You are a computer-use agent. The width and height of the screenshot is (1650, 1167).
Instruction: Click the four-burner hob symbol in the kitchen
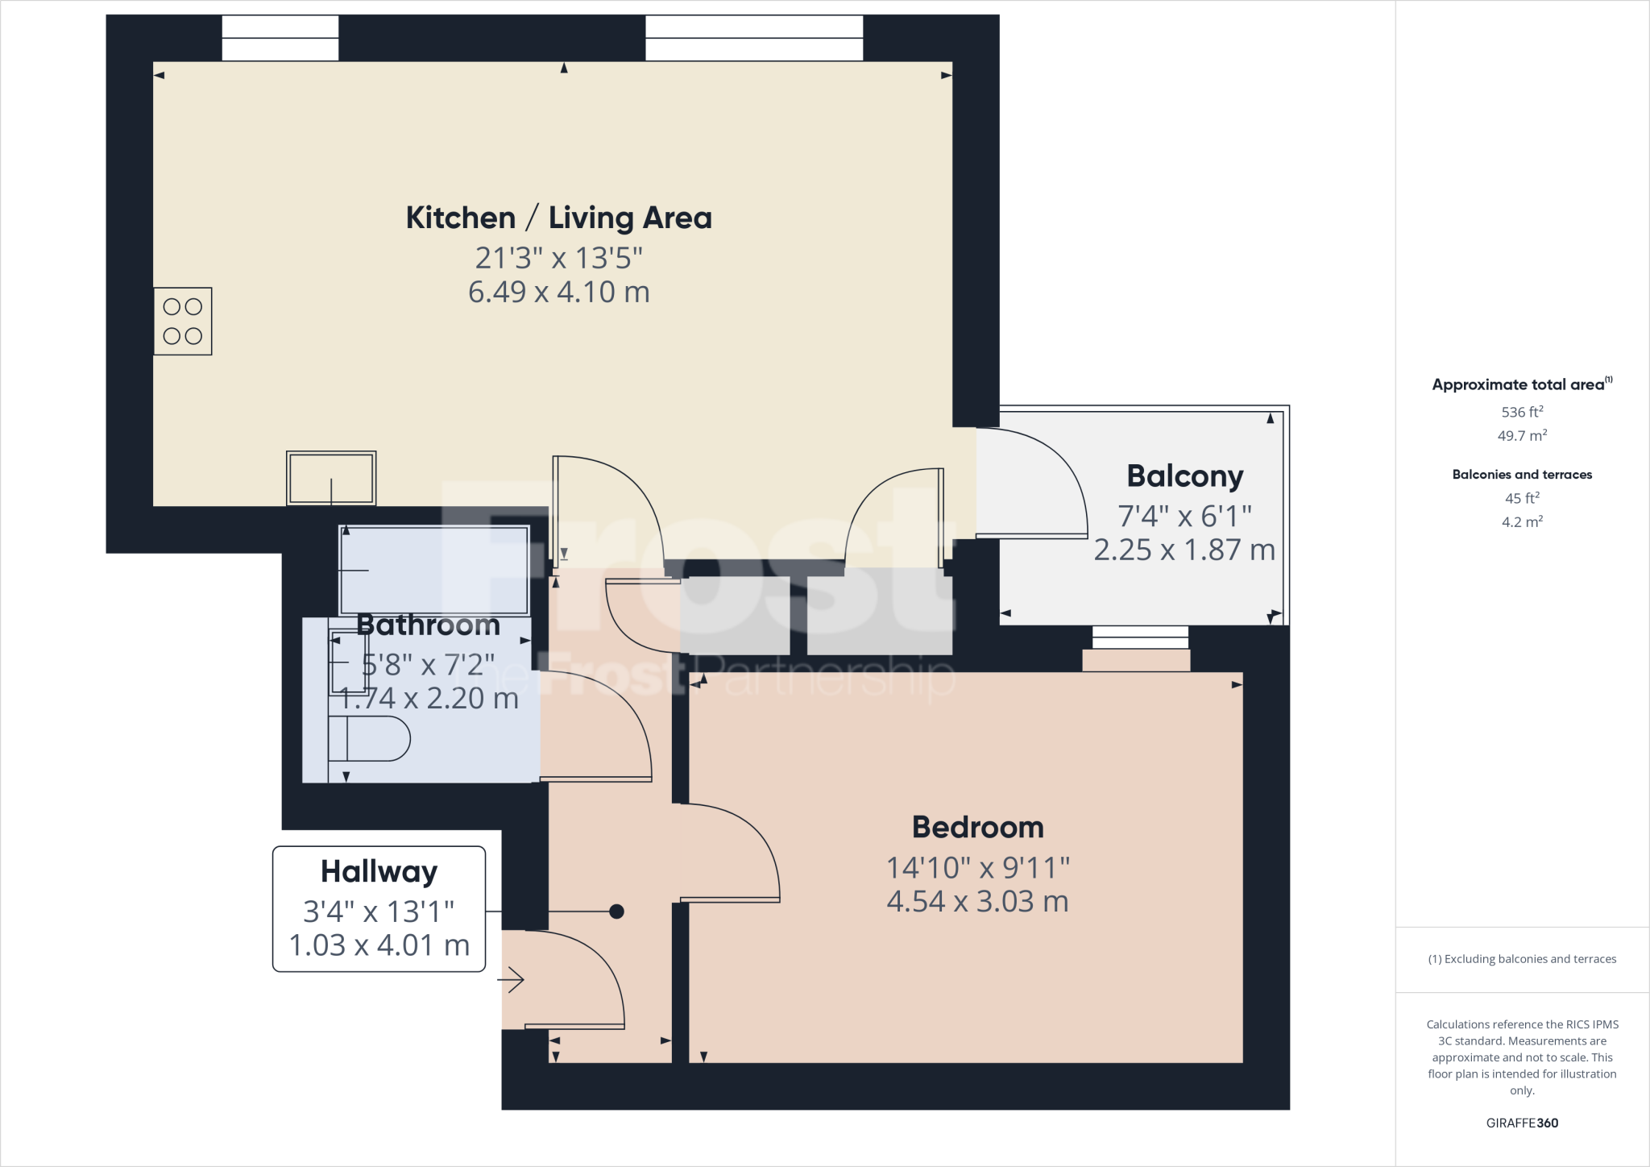[x=183, y=321]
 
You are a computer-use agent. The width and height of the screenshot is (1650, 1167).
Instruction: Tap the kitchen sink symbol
[x=331, y=478]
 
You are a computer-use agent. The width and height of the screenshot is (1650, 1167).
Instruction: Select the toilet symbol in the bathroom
[x=369, y=738]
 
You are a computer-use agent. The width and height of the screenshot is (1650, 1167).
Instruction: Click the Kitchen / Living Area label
[x=558, y=218]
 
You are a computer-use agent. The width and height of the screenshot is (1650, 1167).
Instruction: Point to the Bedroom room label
[x=977, y=828]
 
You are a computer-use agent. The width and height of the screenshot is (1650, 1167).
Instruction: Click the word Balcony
[x=1184, y=476]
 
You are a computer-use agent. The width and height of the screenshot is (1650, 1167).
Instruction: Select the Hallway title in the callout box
[x=379, y=872]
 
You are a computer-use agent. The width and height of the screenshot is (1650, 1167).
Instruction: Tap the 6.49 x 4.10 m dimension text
[x=558, y=292]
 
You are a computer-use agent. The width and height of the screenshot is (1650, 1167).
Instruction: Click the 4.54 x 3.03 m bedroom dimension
[x=977, y=901]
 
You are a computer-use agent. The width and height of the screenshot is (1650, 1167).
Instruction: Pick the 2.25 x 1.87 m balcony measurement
[x=1184, y=550]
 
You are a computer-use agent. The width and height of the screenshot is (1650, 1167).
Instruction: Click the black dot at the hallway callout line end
[x=616, y=912]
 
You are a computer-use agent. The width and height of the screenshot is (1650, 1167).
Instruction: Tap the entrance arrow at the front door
[x=512, y=980]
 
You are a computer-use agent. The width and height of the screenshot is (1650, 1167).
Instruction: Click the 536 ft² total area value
[x=1522, y=412]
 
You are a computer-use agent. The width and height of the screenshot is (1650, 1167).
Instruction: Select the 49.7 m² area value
[x=1522, y=435]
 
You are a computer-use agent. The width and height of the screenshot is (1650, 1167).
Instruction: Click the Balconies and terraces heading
[x=1522, y=475]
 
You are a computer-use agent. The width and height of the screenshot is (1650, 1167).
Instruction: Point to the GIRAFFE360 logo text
[x=1522, y=1123]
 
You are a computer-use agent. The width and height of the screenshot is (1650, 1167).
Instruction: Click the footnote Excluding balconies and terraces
[x=1522, y=959]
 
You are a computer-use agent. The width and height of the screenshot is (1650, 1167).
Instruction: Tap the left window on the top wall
[x=280, y=38]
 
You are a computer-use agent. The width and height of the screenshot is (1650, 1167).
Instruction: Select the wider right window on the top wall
[x=753, y=38]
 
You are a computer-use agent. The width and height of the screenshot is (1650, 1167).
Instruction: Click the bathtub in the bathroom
[x=434, y=570]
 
